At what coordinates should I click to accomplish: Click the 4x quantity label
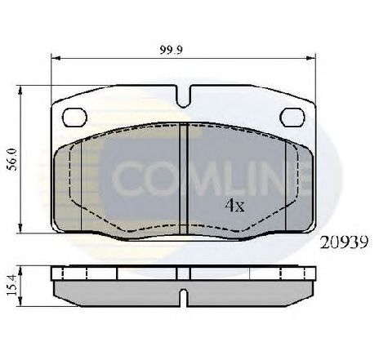click(234, 206)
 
